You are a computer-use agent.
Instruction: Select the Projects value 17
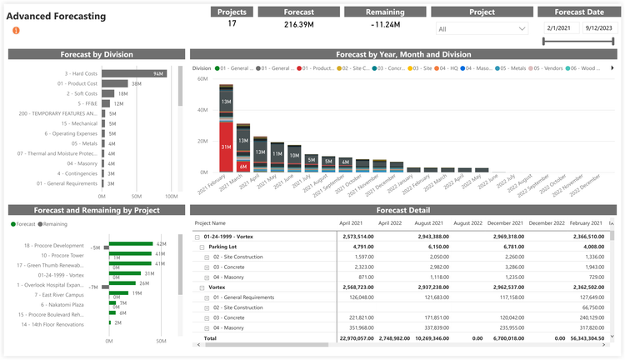[232, 24]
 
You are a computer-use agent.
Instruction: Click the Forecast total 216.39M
[298, 25]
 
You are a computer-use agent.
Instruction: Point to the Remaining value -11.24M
[385, 25]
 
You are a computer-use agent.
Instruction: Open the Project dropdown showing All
[482, 28]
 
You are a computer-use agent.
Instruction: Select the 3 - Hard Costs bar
[134, 73]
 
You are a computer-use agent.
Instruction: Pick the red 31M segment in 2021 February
[226, 147]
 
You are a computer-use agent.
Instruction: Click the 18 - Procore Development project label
[54, 246]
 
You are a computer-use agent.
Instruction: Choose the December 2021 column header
[507, 223]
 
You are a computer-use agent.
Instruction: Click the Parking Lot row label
[223, 247]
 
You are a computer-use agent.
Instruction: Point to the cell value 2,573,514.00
[354, 237]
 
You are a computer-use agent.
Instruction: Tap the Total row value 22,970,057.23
[354, 339]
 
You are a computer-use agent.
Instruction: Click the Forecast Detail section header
[402, 210]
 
